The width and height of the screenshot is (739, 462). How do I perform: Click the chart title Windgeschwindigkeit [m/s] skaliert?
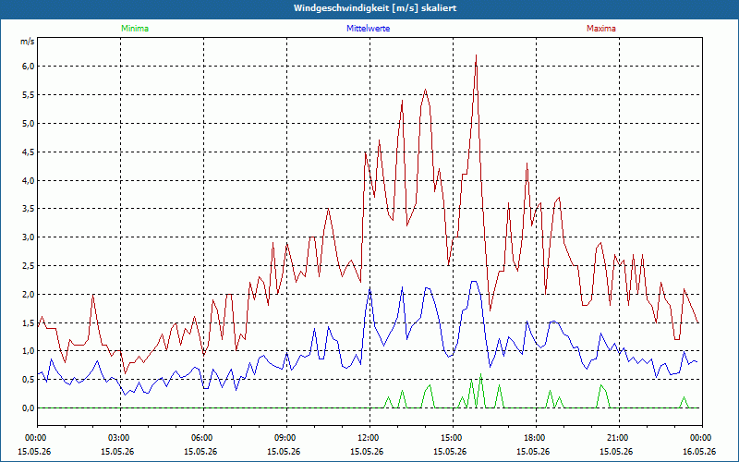tap(375, 8)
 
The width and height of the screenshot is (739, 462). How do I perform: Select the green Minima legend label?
tap(135, 29)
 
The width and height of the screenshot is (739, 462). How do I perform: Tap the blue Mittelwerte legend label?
tap(368, 29)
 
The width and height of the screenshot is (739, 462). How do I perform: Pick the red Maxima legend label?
tap(601, 29)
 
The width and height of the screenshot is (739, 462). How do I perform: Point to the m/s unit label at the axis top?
tap(28, 42)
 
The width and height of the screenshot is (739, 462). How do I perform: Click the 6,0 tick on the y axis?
tap(29, 67)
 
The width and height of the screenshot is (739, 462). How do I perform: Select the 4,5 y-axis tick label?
tap(29, 152)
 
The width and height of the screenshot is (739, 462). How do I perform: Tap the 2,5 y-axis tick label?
tap(29, 266)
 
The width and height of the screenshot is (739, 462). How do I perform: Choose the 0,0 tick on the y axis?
tap(29, 408)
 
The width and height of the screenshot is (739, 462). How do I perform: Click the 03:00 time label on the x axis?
tap(121, 438)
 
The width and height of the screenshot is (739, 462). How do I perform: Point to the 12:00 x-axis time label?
tap(370, 438)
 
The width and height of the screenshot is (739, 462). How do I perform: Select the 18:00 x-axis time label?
tap(537, 438)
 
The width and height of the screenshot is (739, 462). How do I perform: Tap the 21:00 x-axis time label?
tap(619, 438)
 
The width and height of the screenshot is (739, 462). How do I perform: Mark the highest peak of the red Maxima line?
tap(477, 55)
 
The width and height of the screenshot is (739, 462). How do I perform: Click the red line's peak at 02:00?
tap(93, 295)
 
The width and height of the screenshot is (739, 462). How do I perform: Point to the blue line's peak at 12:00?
tap(370, 288)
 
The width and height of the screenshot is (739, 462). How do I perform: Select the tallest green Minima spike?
tap(480, 374)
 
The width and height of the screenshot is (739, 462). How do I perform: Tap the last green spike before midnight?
tap(684, 397)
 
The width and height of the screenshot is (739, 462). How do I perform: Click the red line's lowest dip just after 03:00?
tap(126, 373)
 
